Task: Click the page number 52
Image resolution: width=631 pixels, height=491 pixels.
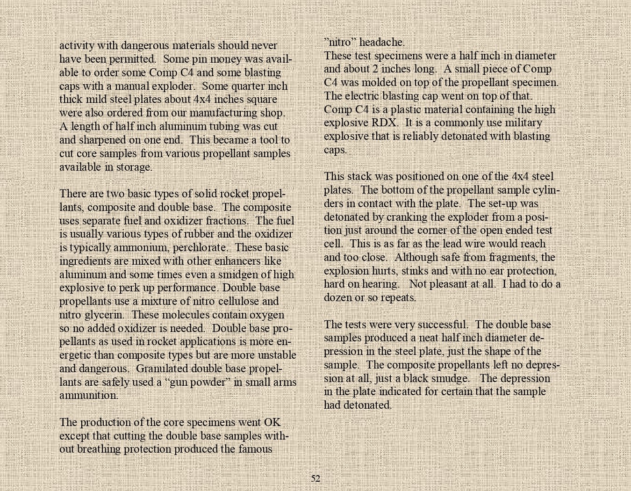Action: coord(315,478)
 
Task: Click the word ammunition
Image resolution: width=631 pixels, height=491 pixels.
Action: coord(88,395)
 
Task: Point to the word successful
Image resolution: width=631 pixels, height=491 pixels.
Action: coord(440,325)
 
